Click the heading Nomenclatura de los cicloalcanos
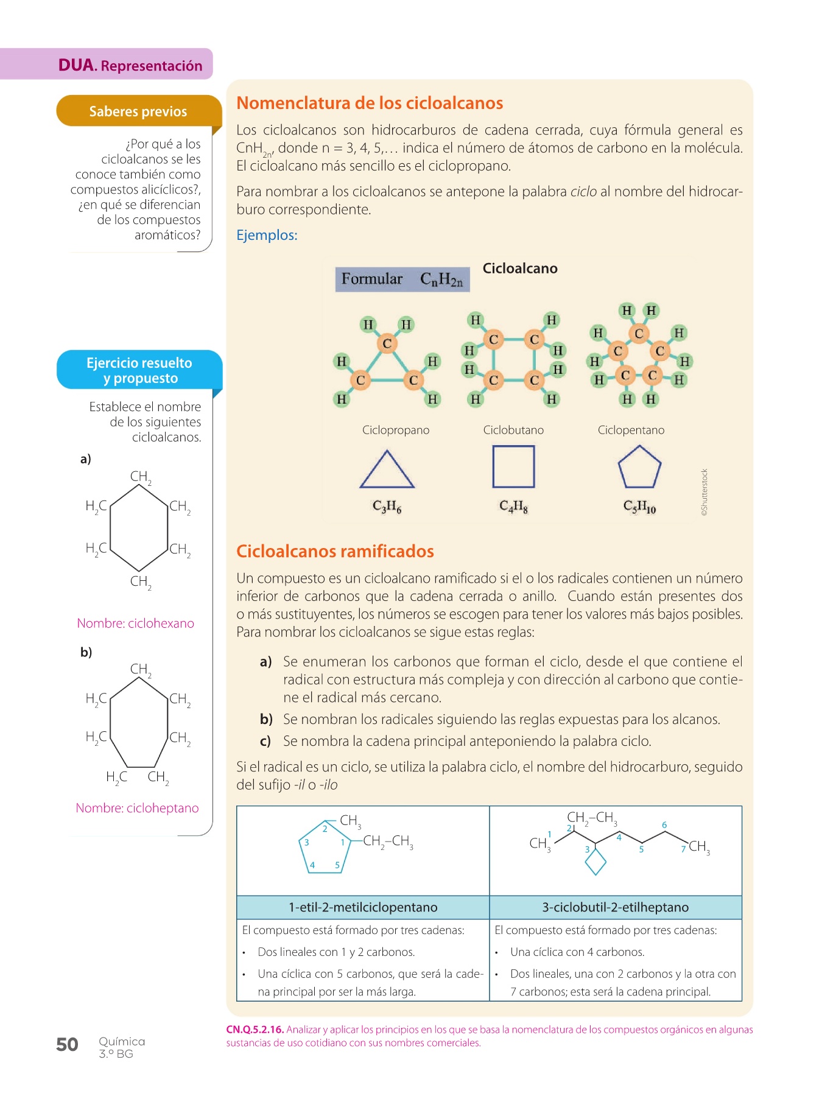pyautogui.click(x=370, y=104)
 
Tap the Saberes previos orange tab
pyautogui.click(x=138, y=111)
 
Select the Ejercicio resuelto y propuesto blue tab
pyautogui.click(x=139, y=370)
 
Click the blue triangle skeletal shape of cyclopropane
pyautogui.click(x=387, y=470)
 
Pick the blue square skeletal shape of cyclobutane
pyautogui.click(x=513, y=466)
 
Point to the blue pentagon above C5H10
pyautogui.click(x=639, y=468)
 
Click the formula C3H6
pyautogui.click(x=387, y=506)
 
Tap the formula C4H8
pyautogui.click(x=513, y=506)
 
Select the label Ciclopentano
pyautogui.click(x=631, y=430)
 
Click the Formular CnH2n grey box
pyautogui.click(x=402, y=279)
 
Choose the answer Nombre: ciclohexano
pyautogui.click(x=135, y=623)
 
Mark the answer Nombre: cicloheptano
pyautogui.click(x=137, y=808)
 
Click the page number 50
pyautogui.click(x=67, y=1045)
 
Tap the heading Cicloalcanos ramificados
pyautogui.click(x=335, y=552)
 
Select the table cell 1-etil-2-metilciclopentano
pyautogui.click(x=363, y=907)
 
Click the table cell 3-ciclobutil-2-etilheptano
pyautogui.click(x=616, y=907)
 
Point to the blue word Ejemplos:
pyautogui.click(x=267, y=235)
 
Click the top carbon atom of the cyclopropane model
pyautogui.click(x=387, y=344)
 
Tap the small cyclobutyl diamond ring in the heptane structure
pyautogui.click(x=595, y=862)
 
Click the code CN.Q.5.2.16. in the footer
pyautogui.click(x=255, y=1030)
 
